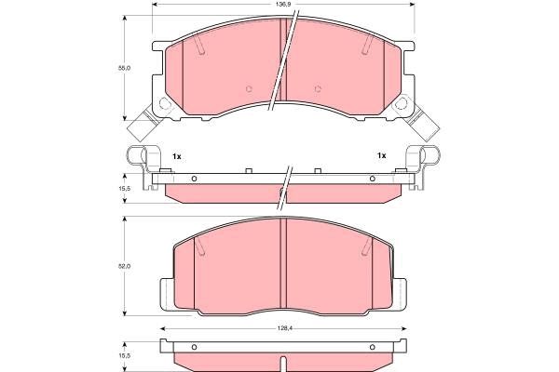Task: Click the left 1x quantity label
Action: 176,155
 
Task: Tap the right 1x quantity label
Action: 380,155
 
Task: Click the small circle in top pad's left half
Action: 249,89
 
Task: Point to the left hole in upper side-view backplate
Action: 194,179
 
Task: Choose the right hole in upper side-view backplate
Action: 372,179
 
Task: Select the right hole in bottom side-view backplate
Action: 372,348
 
